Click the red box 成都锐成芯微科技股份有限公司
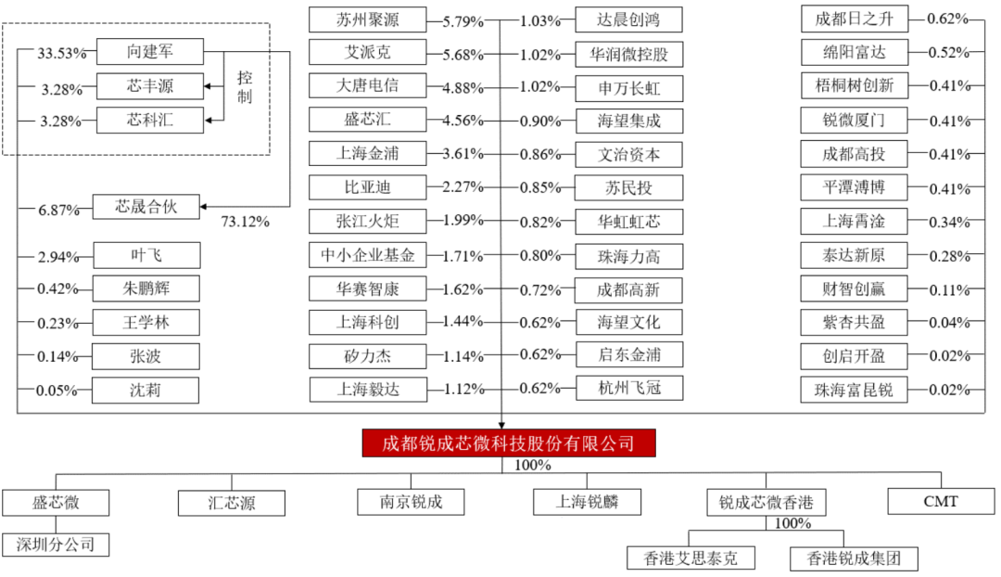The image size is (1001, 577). click(509, 442)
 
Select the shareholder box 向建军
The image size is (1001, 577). click(150, 52)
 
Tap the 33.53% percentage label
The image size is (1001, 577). click(61, 53)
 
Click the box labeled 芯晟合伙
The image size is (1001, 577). click(146, 206)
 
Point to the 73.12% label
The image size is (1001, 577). click(245, 222)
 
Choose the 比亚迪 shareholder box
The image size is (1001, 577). click(368, 187)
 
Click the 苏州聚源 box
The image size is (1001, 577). click(368, 19)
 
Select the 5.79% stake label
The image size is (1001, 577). click(463, 21)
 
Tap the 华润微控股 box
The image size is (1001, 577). click(628, 55)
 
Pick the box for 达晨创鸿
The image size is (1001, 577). click(628, 19)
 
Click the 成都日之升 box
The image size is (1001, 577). click(855, 19)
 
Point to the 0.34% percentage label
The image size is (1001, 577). click(949, 223)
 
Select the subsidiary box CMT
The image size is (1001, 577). click(941, 502)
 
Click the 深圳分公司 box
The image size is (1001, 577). click(56, 545)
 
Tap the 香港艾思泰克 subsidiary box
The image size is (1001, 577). click(691, 558)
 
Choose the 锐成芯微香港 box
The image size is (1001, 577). click(767, 503)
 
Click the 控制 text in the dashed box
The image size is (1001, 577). click(245, 87)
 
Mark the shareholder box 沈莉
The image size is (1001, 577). click(146, 390)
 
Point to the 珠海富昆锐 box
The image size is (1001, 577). click(855, 389)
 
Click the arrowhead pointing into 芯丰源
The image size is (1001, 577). click(208, 86)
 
